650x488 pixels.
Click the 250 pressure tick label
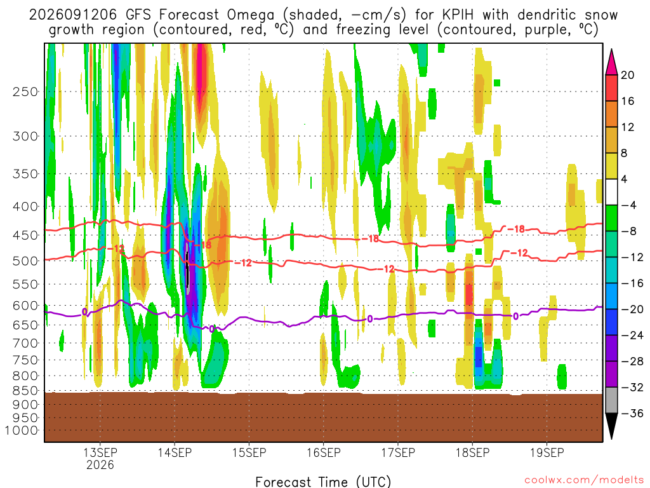25,91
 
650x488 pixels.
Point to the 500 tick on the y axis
25,261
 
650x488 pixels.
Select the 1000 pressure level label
22,430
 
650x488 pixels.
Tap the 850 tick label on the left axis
25,391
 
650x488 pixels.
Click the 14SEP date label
175,452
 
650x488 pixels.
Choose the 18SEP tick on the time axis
472,452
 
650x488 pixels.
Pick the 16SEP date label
323,452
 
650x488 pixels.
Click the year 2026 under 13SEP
100,464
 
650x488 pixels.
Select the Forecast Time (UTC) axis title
323,482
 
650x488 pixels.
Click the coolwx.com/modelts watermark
584,480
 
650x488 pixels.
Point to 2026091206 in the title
74,15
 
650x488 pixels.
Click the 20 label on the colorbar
627,75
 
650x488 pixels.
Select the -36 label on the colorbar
632,413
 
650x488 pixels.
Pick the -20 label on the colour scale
632,309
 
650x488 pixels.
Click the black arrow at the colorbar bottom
611,426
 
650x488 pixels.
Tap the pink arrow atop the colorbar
611,62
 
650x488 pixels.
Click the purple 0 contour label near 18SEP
515,316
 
